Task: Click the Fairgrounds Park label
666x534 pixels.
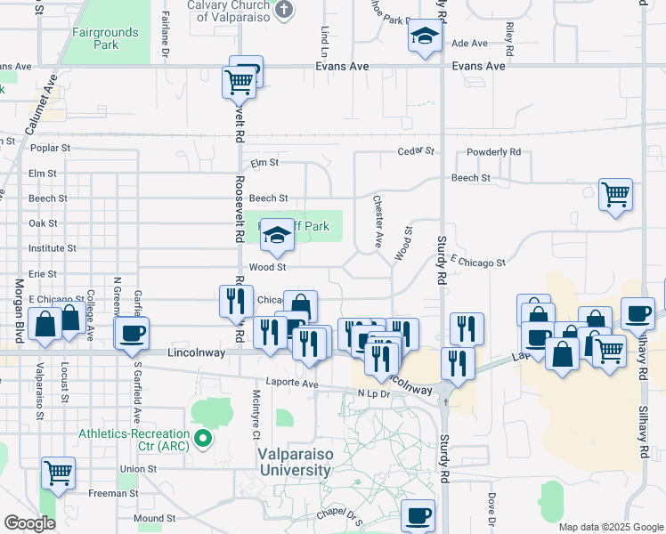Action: [x=105, y=38]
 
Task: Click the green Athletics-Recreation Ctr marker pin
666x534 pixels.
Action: [x=204, y=437]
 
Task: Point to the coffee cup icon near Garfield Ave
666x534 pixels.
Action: [x=132, y=335]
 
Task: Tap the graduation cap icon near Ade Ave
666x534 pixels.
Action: [x=425, y=37]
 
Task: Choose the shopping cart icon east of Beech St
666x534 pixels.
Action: [x=616, y=194]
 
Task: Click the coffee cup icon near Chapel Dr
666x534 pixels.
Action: [x=417, y=514]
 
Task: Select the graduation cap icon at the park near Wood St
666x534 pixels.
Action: [x=277, y=236]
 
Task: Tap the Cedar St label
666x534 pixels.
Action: [x=415, y=151]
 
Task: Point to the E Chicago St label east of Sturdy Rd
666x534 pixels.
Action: [x=477, y=263]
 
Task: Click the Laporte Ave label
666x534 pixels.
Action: [x=297, y=384]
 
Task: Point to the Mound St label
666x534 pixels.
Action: [x=154, y=518]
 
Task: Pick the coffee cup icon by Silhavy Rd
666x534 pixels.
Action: [x=637, y=313]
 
